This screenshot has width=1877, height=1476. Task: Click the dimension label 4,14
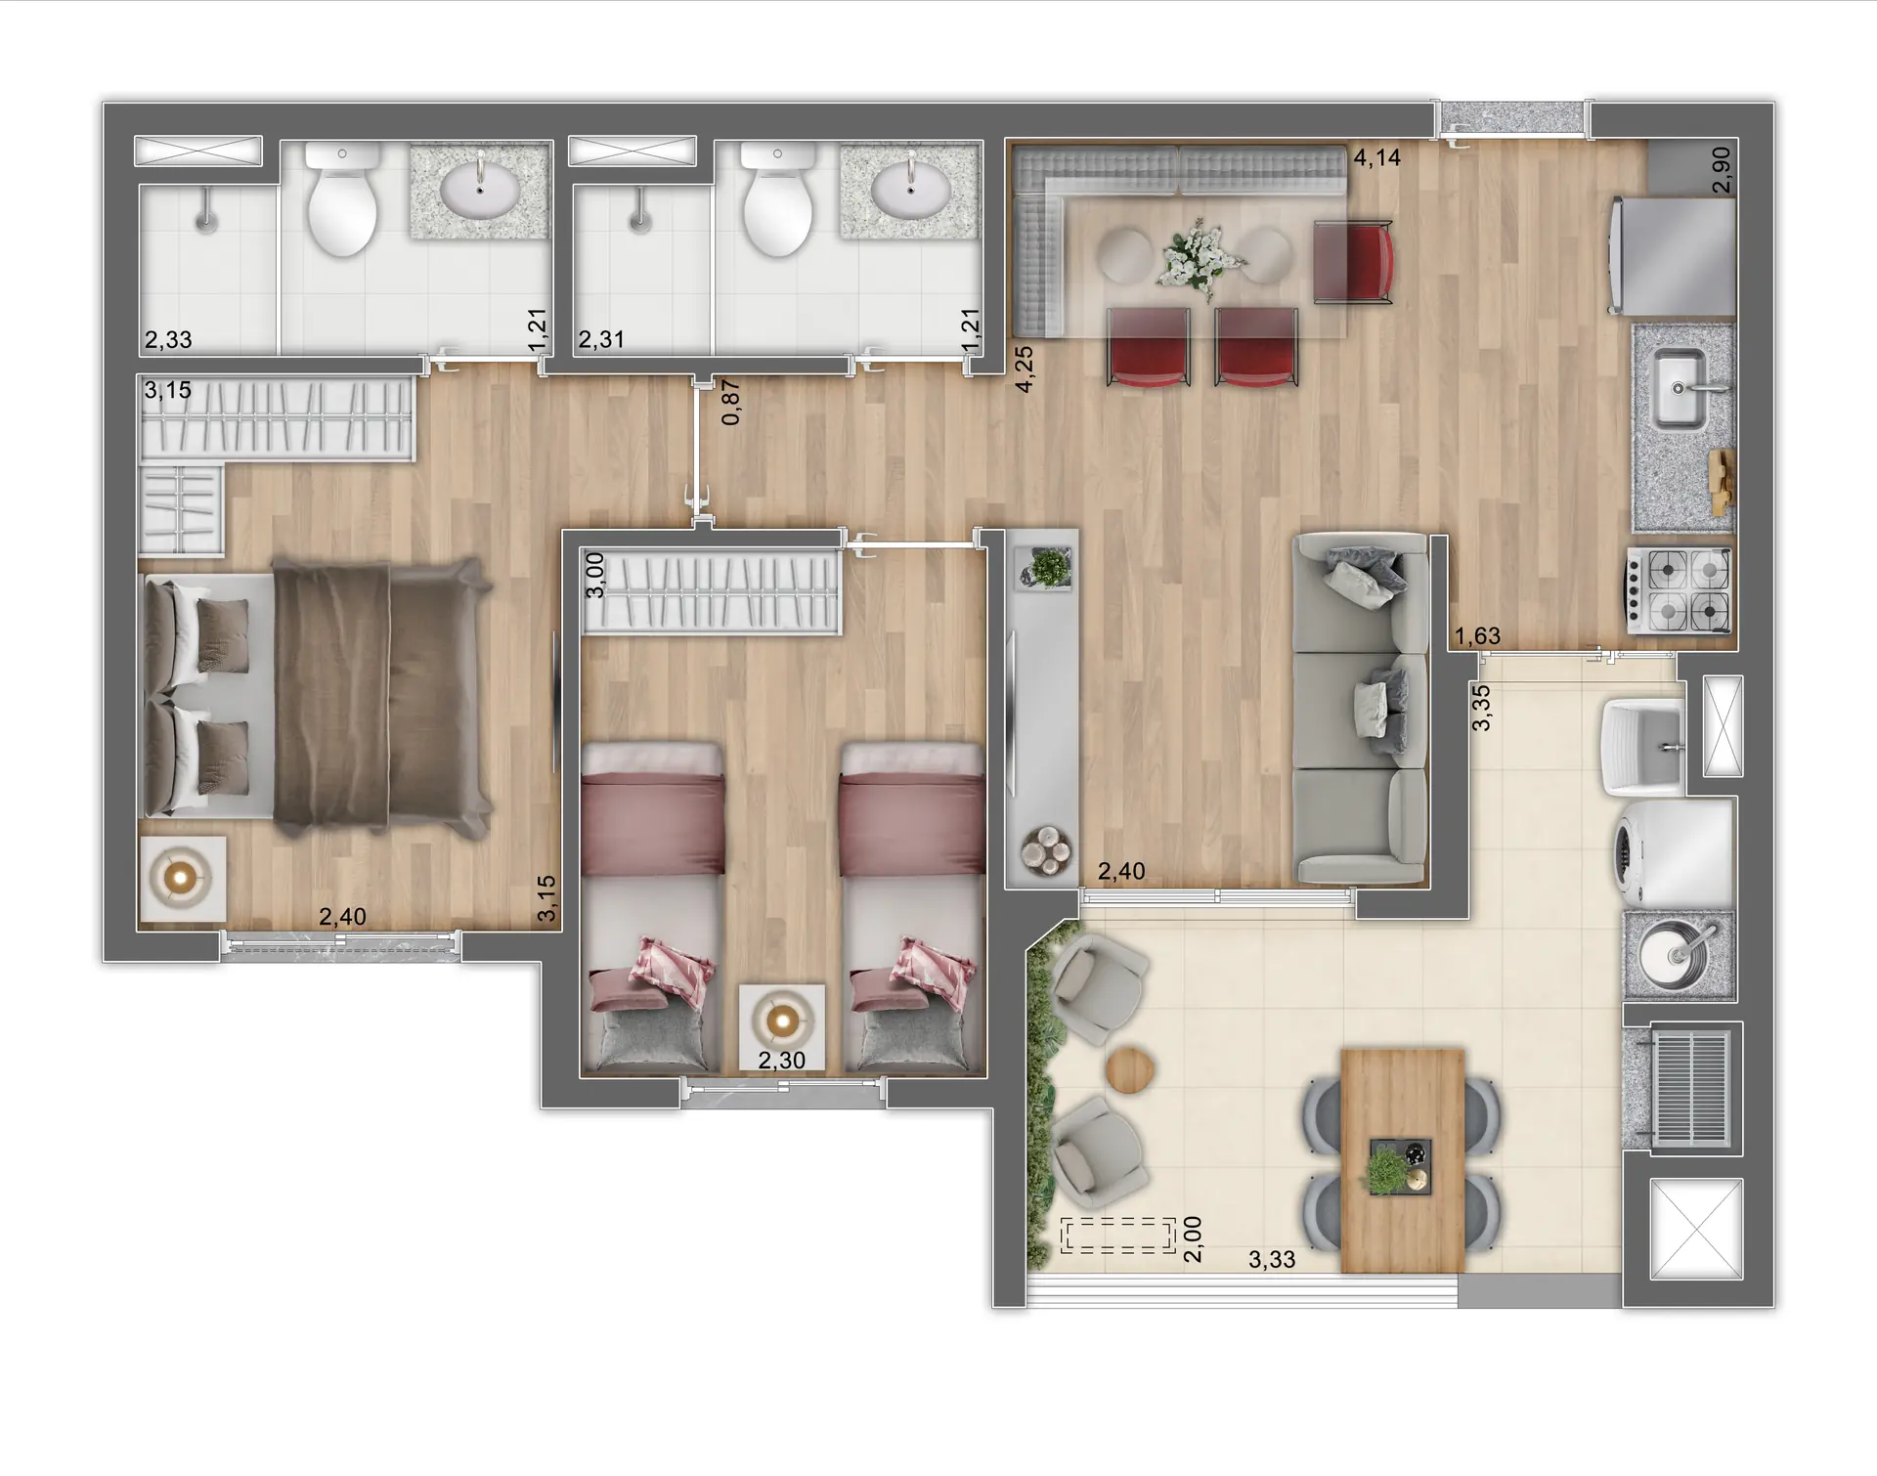coord(1376,157)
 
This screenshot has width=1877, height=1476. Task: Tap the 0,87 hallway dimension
coord(731,402)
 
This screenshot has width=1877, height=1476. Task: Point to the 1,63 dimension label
coord(1476,636)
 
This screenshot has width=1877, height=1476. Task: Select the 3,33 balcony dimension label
coord(1271,1260)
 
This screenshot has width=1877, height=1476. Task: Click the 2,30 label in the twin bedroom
coord(781,1061)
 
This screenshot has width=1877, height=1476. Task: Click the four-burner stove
coord(1679,589)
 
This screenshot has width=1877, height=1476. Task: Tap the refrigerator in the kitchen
coord(1673,256)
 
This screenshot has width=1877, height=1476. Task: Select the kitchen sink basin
coord(1679,389)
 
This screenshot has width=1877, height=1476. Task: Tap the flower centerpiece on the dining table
coord(1198,256)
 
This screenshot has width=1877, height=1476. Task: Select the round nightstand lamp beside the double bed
coord(183,879)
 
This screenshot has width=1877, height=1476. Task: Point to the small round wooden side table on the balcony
coord(1131,1071)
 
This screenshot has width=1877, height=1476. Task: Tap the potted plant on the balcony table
coord(1388,1169)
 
